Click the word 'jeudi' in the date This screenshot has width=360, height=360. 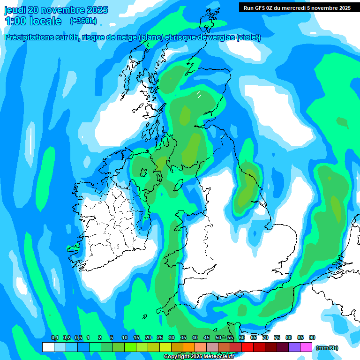coord(15,10)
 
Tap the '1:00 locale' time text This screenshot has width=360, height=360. coord(33,21)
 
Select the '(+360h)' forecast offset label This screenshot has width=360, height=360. coord(83,21)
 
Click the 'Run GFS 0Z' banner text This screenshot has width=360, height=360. coord(261,7)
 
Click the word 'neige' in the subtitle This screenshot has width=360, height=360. coord(126,37)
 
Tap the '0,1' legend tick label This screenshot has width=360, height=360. coord(54,338)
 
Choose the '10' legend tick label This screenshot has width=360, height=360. coord(124,338)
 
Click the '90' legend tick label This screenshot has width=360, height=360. coord(312,338)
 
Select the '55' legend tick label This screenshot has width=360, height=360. coord(230,338)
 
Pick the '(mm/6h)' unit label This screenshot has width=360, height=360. coord(327,348)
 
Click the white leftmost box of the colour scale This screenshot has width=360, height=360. coord(48,347)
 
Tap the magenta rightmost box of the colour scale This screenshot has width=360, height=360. coord(306,347)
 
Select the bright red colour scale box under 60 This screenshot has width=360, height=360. coord(247,347)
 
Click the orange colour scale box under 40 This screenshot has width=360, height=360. coord(189,347)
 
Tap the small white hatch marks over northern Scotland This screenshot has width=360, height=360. coord(199,95)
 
